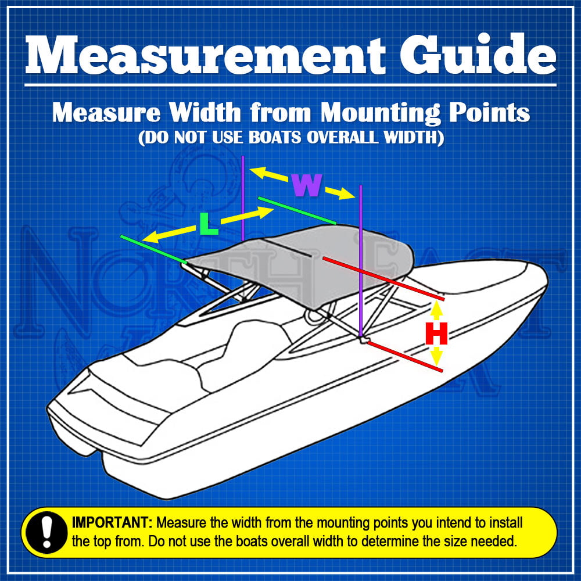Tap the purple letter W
tap(306, 185)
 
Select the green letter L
tap(208, 224)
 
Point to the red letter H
tap(436, 335)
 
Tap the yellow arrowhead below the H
tap(437, 357)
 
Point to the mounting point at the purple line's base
tap(362, 339)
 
